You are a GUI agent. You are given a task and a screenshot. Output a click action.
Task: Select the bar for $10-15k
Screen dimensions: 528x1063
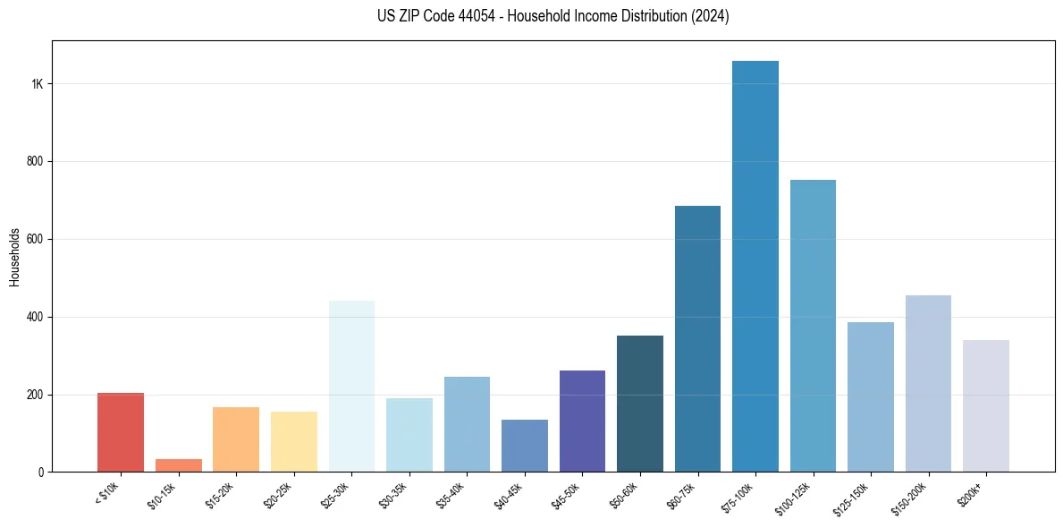point(179,465)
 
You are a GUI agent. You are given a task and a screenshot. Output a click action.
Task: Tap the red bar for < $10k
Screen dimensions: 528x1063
point(121,432)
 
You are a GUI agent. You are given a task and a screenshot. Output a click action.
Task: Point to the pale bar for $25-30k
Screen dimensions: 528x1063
point(351,386)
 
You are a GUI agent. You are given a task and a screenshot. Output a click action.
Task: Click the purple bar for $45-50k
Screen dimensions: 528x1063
point(582,421)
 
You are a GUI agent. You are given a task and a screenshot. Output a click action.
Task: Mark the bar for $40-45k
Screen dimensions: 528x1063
point(525,446)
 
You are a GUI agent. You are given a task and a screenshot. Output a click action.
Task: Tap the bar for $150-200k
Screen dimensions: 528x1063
point(928,383)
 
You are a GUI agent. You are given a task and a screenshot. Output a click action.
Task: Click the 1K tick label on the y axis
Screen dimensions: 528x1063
point(38,84)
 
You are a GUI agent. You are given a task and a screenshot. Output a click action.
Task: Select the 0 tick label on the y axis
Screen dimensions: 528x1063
point(41,472)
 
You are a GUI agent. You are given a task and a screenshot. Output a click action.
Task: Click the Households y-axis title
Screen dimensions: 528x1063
point(14,257)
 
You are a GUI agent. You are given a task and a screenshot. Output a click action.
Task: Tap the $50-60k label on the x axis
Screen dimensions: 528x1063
point(624,494)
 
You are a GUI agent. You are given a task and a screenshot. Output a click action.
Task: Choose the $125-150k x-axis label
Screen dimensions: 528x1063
point(853,496)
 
